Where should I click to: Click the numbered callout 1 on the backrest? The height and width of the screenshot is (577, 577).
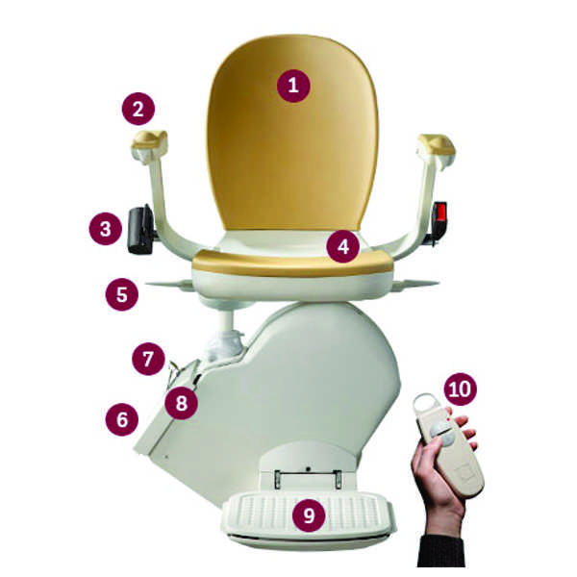293,86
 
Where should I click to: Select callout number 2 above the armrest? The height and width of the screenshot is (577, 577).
138,109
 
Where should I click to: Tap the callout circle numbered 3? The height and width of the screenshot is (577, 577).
105,229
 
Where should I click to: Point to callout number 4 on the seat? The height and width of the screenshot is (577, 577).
343,246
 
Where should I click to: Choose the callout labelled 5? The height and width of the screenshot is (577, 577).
122,294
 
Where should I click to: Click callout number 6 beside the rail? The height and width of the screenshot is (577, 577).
122,419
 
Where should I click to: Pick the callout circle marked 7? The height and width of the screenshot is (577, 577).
148,359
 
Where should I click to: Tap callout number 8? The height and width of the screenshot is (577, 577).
181,403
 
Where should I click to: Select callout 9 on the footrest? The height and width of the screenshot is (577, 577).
309,514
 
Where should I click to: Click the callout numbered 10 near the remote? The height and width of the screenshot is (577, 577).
460,389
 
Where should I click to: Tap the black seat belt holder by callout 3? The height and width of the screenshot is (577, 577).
140,231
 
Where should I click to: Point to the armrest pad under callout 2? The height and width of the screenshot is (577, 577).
149,141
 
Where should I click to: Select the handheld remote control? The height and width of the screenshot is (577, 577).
447,444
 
